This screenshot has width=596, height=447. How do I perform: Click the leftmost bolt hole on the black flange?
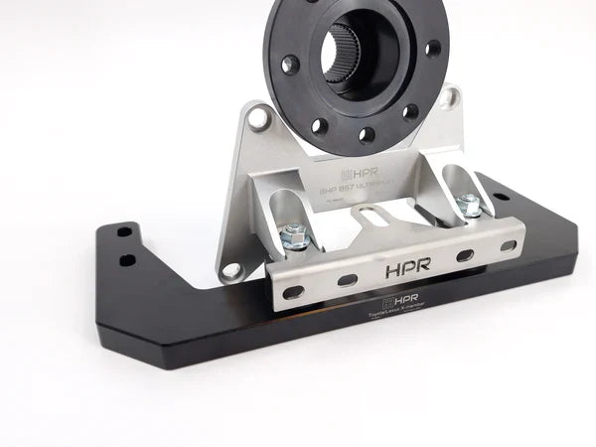289,64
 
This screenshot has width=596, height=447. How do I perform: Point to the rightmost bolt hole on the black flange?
433,47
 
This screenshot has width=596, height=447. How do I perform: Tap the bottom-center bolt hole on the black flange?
369,134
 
